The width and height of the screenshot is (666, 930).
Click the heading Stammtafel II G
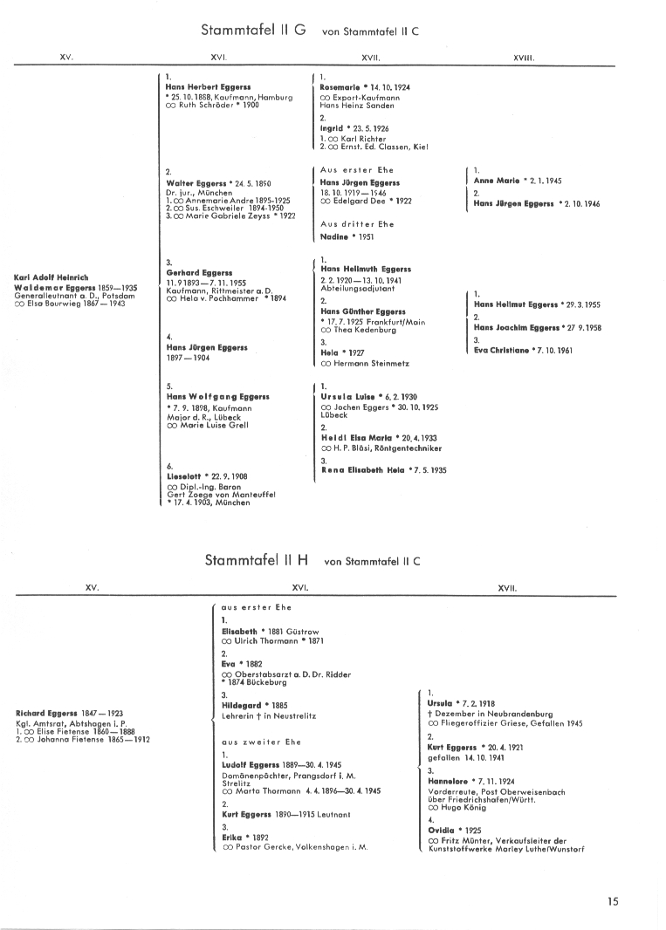[x=253, y=30]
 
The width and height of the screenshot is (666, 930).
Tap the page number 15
[x=613, y=902]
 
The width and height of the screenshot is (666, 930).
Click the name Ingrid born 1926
[x=333, y=128]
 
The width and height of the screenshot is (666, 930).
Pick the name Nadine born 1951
[x=334, y=236]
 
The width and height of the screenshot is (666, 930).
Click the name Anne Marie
[x=497, y=181]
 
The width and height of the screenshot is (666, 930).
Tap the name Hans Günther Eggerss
[x=363, y=311]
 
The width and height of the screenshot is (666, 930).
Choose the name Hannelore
[x=447, y=781]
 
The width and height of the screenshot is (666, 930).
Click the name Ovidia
[x=442, y=830]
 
